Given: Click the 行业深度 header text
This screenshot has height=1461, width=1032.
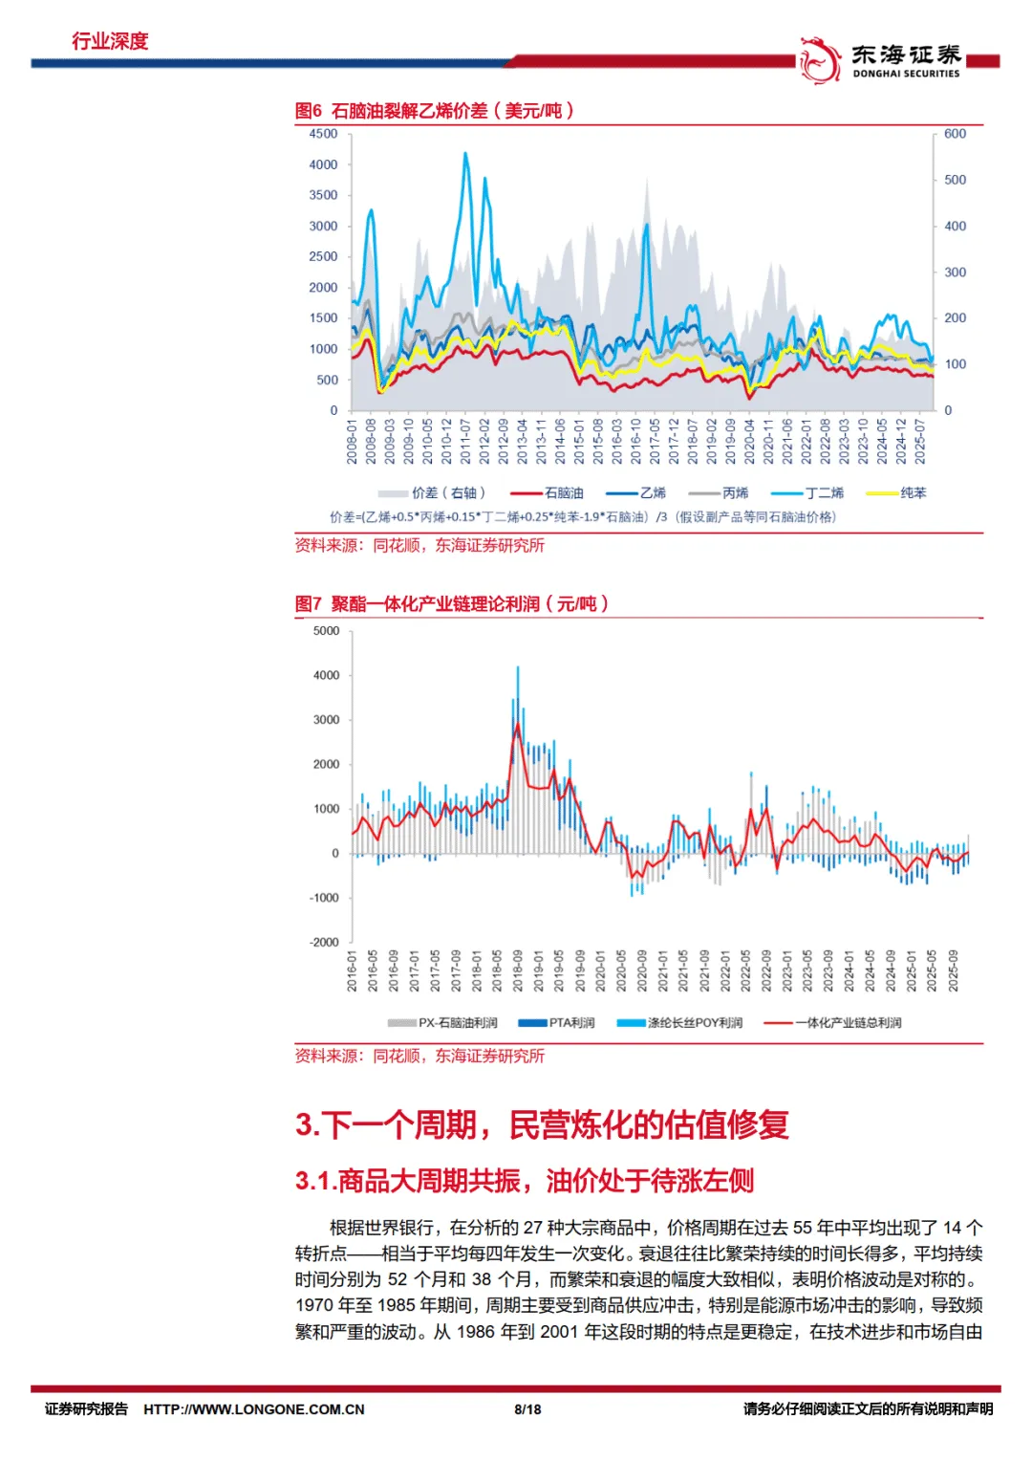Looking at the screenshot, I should click(110, 41).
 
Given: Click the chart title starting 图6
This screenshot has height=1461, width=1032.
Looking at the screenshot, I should click(434, 111).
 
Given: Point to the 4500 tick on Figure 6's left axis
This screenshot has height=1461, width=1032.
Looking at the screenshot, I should click(323, 134).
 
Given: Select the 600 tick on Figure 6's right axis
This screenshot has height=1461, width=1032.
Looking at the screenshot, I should click(955, 134).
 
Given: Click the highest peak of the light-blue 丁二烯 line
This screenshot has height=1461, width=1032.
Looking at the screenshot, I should click(465, 153).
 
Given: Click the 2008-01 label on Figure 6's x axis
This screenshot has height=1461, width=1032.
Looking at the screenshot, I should click(352, 441).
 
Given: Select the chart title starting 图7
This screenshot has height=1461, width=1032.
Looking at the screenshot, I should click(451, 604).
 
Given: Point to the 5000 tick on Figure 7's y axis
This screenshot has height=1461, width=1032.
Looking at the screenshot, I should click(326, 631).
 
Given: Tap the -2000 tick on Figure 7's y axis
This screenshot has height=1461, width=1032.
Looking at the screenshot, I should click(324, 942).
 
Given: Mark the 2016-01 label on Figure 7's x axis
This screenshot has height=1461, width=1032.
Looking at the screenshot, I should click(351, 970).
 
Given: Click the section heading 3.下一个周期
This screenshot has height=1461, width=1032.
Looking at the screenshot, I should click(542, 1124).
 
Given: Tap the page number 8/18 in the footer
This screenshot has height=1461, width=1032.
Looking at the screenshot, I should click(527, 1409).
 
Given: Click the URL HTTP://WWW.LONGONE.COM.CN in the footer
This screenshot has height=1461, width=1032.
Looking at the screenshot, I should click(254, 1409).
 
